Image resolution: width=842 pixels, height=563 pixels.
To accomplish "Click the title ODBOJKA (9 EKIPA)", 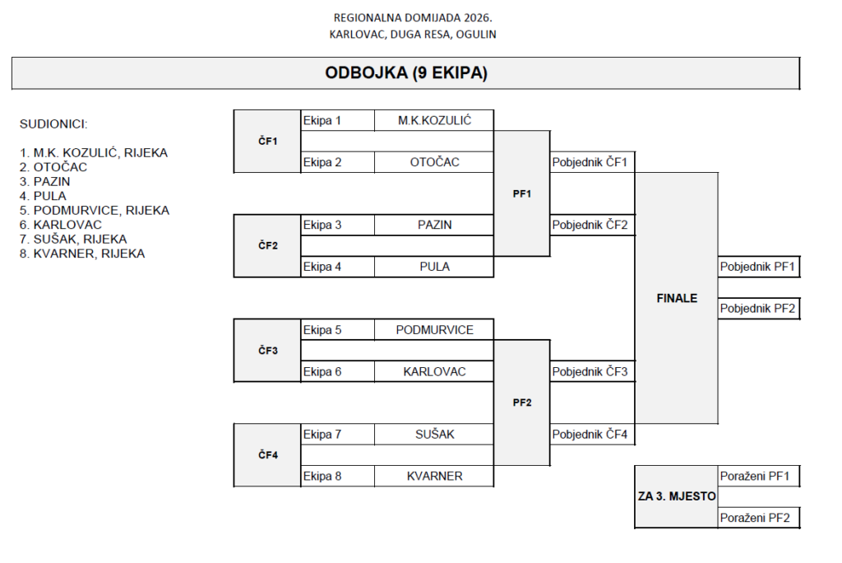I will click(x=406, y=73).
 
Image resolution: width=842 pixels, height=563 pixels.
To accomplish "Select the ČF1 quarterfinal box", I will click(x=267, y=142).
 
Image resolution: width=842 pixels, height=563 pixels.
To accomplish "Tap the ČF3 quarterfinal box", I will click(x=267, y=351).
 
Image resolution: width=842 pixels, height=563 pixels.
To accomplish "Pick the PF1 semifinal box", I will click(x=522, y=194).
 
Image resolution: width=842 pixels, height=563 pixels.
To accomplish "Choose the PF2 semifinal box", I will click(x=522, y=402).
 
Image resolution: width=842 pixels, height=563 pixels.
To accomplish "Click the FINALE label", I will click(x=676, y=298).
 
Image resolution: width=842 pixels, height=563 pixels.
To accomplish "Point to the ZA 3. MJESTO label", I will click(x=676, y=496).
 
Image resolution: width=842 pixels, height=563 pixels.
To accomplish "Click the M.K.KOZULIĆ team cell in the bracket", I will click(x=434, y=121).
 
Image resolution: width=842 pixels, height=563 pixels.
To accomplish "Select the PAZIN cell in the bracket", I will click(x=434, y=225).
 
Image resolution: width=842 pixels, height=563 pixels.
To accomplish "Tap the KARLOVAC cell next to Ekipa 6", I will click(x=434, y=371).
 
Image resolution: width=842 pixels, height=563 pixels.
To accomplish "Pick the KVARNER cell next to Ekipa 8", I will click(x=434, y=476).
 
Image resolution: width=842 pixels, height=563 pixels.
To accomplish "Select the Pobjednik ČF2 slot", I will click(x=591, y=225).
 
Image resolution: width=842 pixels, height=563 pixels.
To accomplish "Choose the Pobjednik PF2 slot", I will click(x=758, y=309).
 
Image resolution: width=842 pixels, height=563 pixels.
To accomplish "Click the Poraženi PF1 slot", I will click(x=758, y=476).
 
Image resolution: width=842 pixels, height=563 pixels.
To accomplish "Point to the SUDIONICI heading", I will click(x=53, y=124).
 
